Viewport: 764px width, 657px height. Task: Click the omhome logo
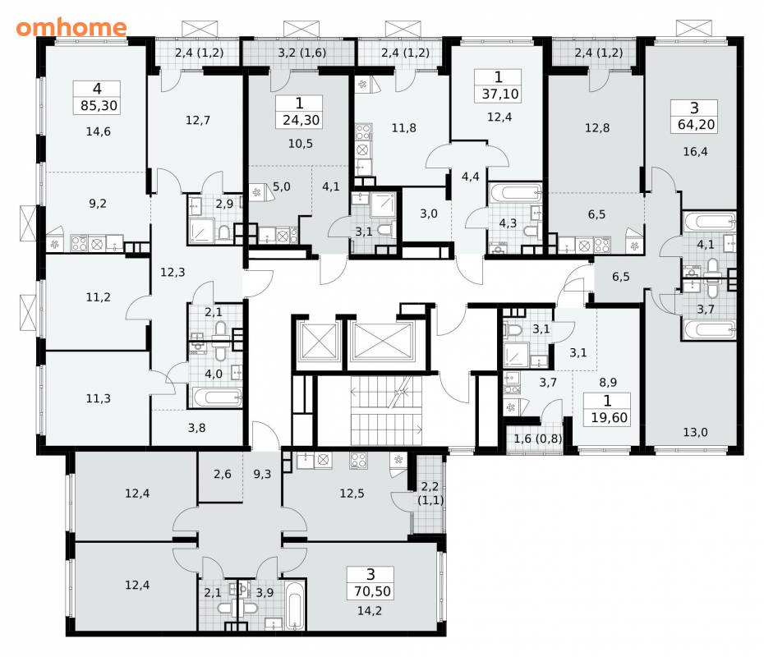point(71,27)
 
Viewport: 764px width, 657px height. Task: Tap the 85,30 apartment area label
point(99,105)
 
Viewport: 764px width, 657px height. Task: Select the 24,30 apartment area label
point(301,120)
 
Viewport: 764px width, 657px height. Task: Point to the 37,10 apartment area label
point(500,94)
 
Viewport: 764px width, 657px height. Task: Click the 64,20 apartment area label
point(697,124)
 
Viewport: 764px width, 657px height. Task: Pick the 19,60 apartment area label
point(609,417)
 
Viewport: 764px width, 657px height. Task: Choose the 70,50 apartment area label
point(372,591)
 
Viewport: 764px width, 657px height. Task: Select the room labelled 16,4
point(695,151)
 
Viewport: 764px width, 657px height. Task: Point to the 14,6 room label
point(98,131)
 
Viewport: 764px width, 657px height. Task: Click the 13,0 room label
point(695,432)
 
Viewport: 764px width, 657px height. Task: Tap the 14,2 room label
point(370,611)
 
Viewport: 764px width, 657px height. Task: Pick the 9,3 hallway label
point(262,474)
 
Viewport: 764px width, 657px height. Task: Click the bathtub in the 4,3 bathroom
point(515,193)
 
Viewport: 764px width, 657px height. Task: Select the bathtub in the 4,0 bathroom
point(215,397)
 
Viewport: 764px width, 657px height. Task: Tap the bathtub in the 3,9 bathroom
point(294,605)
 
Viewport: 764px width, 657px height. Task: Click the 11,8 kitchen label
point(404,127)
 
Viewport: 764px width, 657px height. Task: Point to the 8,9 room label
point(608,383)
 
